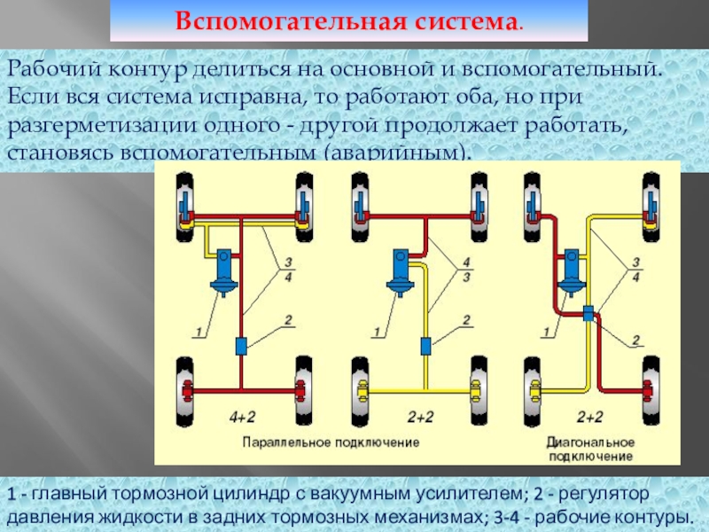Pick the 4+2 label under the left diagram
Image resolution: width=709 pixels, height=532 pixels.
pyautogui.click(x=243, y=415)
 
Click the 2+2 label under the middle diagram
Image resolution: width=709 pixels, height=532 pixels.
pyautogui.click(x=420, y=415)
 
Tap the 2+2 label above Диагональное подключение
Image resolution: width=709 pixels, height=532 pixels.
pyautogui.click(x=590, y=415)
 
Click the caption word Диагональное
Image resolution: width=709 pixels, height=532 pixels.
pyautogui.click(x=591, y=441)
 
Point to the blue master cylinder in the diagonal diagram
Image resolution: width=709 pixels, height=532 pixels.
pyautogui.click(x=569, y=270)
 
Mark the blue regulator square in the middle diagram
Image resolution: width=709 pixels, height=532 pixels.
pyautogui.click(x=425, y=345)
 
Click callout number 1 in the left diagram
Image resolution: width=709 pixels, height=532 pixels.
pyautogui.click(x=199, y=333)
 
